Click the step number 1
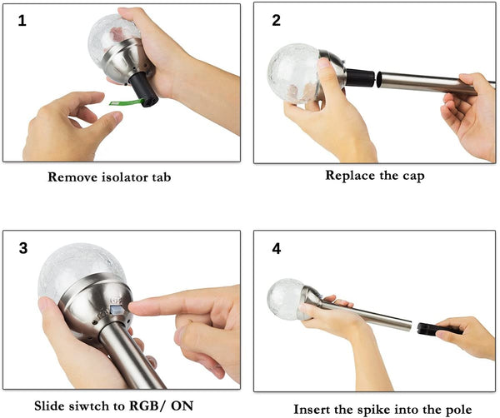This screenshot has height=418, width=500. point(22,21)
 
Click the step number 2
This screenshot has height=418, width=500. point(276,20)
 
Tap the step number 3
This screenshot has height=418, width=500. point(23,248)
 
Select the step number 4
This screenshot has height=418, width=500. point(277,249)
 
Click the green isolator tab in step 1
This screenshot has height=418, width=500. point(127,102)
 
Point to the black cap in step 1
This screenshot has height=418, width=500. point(144,89)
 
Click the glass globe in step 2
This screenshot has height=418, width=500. point(293,73)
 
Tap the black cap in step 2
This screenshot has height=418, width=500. point(360,77)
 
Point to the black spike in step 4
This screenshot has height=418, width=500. point(438,329)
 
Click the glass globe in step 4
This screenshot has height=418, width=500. point(286,299)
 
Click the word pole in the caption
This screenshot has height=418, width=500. point(457,410)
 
